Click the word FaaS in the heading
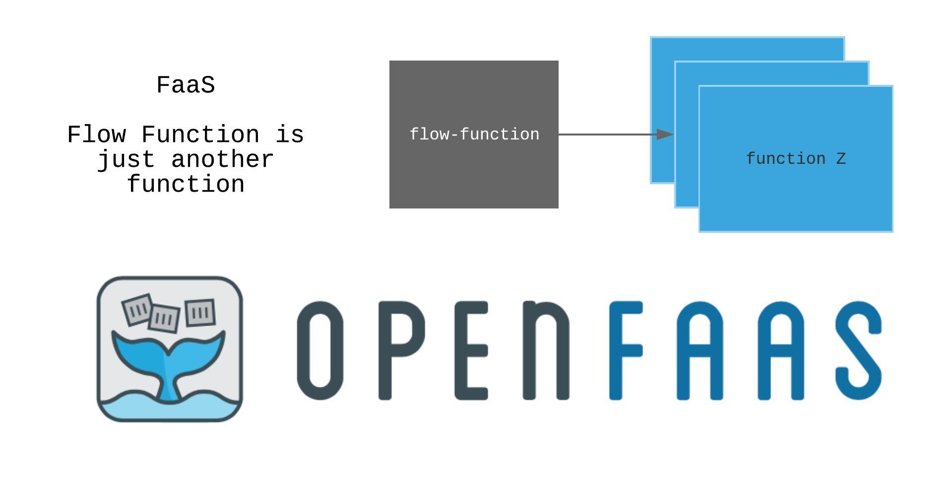click(x=186, y=85)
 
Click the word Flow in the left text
click(x=97, y=135)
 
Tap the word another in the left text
click(x=222, y=160)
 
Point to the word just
click(x=126, y=160)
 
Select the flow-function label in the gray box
click(x=474, y=135)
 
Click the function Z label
click(x=796, y=159)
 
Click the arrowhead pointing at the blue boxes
click(x=665, y=135)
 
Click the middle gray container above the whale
click(x=164, y=318)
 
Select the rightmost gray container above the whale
click(x=200, y=312)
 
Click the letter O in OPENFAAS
click(x=320, y=350)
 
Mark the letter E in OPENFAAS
click(x=471, y=350)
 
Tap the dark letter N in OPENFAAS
click(x=546, y=350)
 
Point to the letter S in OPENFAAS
click(x=858, y=350)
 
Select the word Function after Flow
click(x=200, y=135)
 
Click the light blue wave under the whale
click(x=169, y=409)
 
